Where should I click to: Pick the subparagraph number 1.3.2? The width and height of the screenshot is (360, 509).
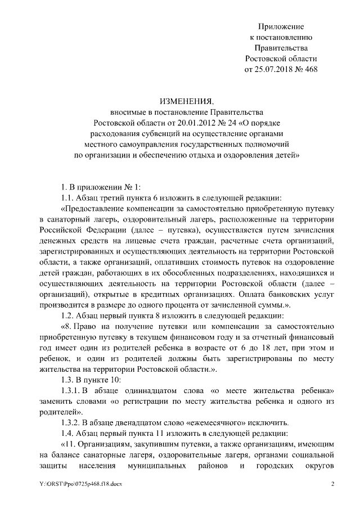71,422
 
